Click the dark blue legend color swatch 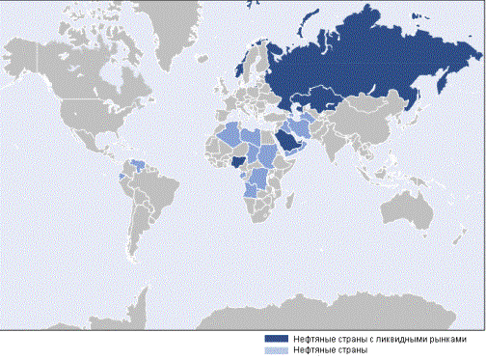278,340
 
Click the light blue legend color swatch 278,350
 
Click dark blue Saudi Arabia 288,144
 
